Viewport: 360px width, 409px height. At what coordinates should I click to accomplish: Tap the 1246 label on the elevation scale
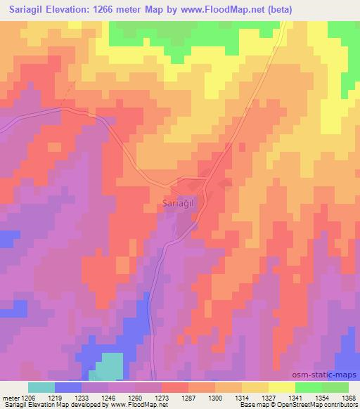(x=109, y=397)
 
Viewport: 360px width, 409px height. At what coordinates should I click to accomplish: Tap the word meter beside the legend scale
(x=11, y=397)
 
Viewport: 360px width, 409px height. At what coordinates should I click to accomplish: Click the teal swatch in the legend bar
(x=41, y=387)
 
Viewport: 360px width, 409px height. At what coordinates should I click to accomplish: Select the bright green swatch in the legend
(x=308, y=387)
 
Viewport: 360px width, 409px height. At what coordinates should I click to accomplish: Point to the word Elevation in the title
(x=71, y=9)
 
